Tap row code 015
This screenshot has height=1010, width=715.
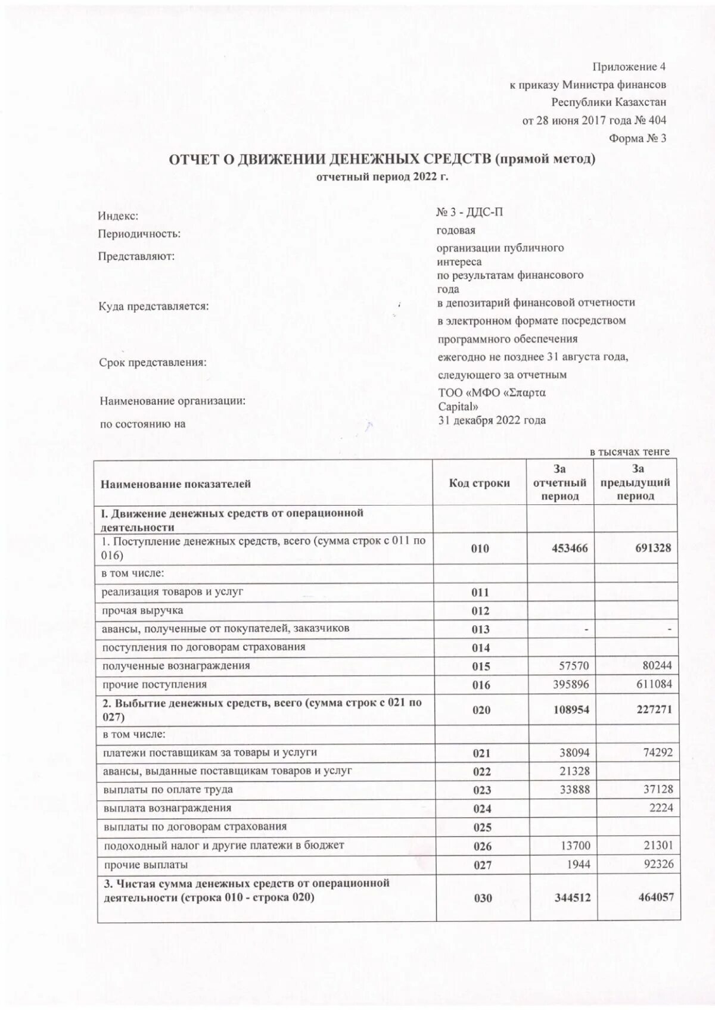[481, 666]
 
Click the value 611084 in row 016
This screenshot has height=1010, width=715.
[654, 684]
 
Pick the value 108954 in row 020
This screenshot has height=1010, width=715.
[570, 710]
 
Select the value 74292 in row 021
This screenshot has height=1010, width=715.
[657, 752]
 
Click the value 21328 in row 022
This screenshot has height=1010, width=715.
[574, 771]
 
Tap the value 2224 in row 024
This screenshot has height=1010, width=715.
[661, 808]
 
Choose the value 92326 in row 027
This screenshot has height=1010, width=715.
[657, 864]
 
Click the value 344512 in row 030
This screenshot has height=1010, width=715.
[571, 897]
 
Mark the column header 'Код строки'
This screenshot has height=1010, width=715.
[479, 483]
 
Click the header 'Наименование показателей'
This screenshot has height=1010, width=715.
[176, 484]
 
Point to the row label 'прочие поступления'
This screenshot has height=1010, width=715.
[155, 684]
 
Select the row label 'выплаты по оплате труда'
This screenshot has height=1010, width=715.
[168, 790]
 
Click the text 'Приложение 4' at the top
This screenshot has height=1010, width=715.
[629, 67]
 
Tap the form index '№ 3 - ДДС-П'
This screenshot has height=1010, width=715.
[470, 213]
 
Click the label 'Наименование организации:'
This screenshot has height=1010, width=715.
[173, 401]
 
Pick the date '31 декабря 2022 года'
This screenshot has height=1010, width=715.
[492, 420]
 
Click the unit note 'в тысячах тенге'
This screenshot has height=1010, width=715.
[630, 452]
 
